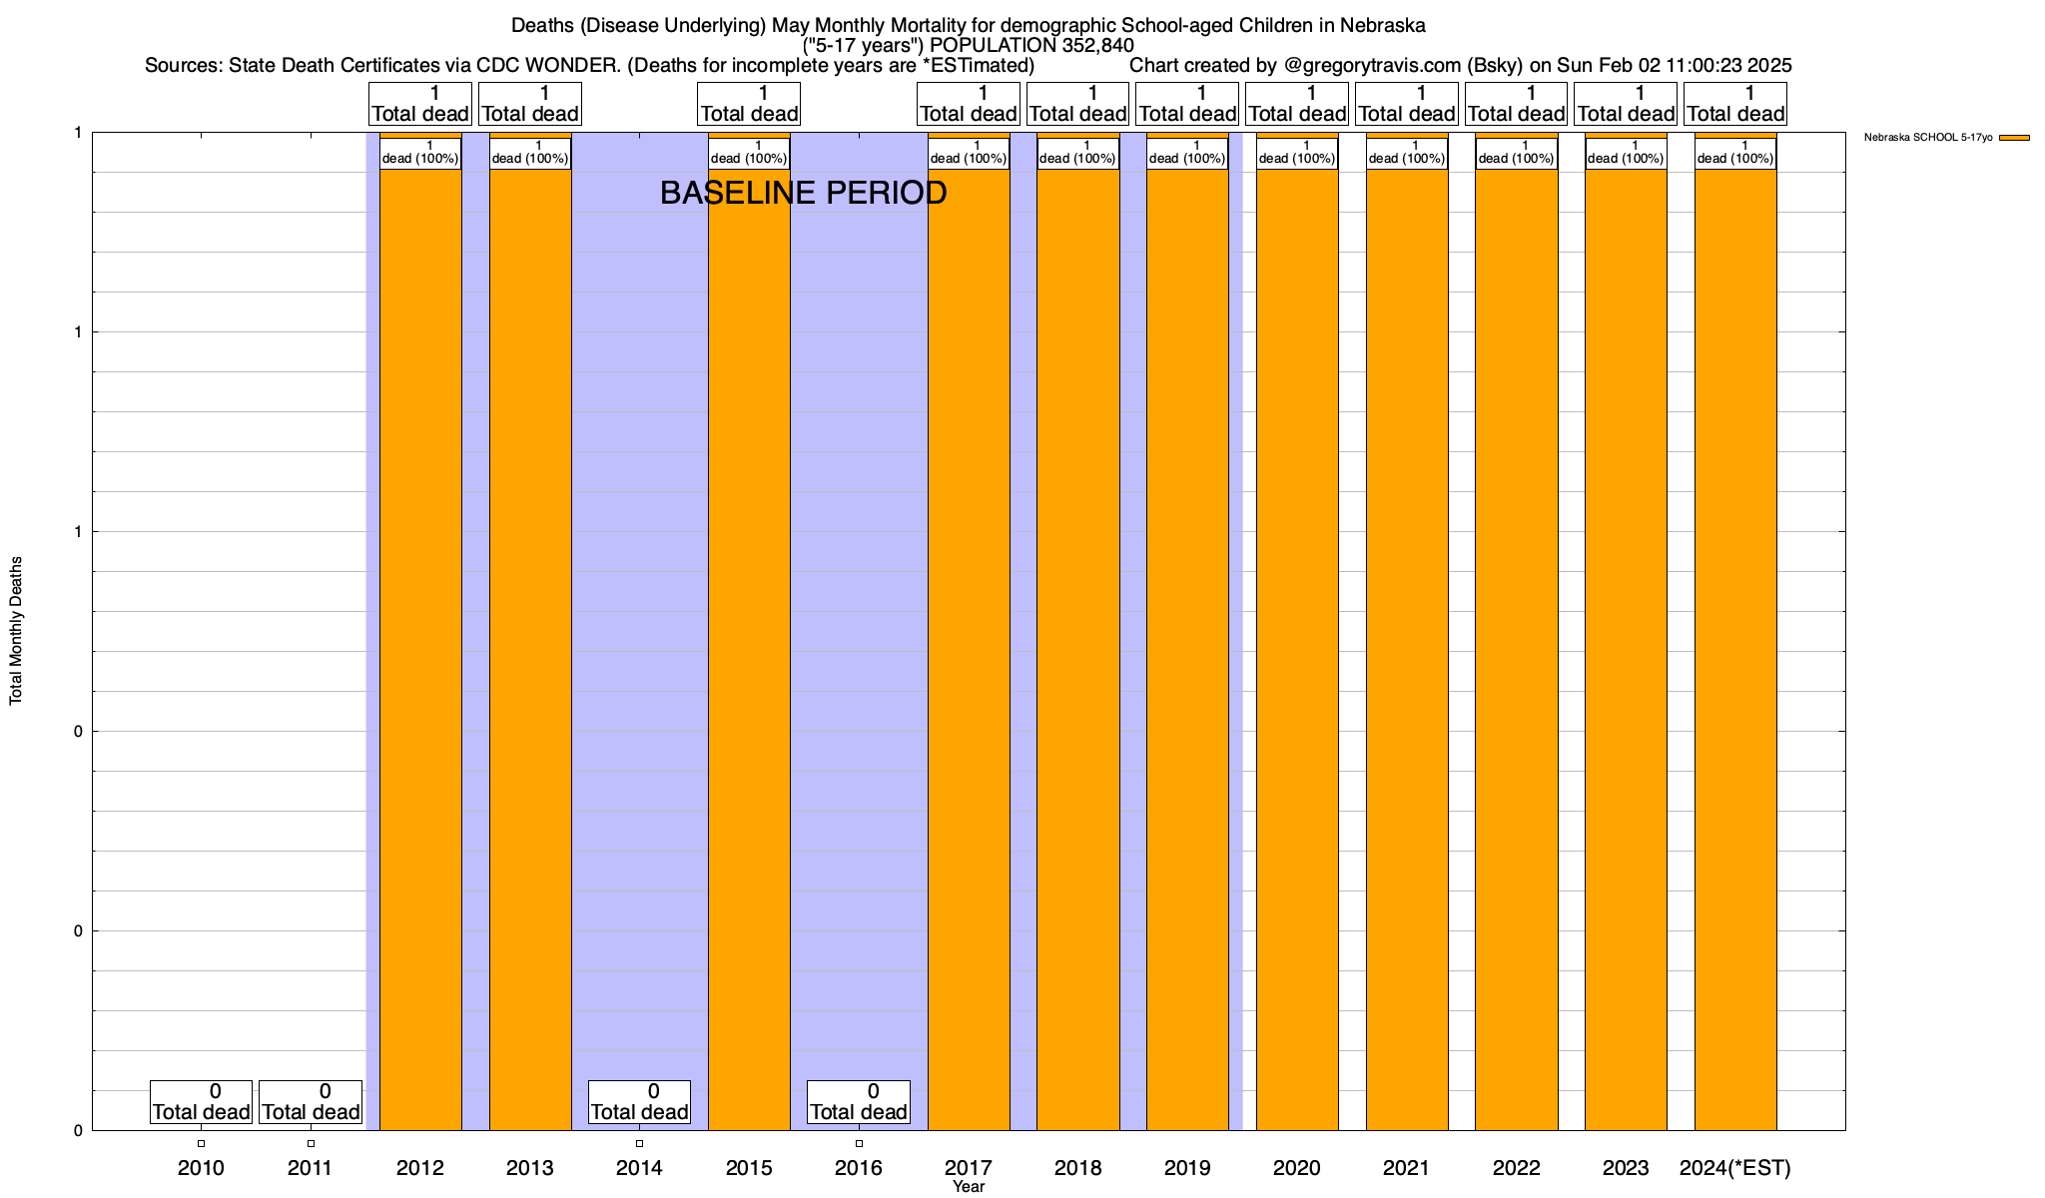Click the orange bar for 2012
click(x=420, y=649)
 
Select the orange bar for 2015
click(x=749, y=649)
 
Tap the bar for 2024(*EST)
click(x=1735, y=649)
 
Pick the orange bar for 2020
click(x=1297, y=649)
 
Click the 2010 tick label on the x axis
click(x=201, y=1167)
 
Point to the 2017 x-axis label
click(x=968, y=1167)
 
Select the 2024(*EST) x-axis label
click(x=1735, y=1167)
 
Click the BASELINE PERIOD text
click(x=803, y=193)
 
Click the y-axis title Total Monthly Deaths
click(x=16, y=631)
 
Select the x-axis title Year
click(x=968, y=1187)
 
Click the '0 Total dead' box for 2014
click(x=639, y=1102)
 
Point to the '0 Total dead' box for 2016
click(x=859, y=1102)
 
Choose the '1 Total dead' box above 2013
click(x=530, y=104)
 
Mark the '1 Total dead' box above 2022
click(x=1516, y=104)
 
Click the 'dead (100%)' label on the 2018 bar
click(x=1078, y=154)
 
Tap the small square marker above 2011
click(x=311, y=1143)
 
